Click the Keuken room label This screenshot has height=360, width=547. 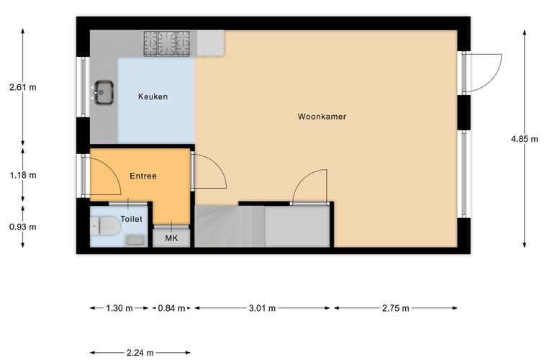click(x=153, y=96)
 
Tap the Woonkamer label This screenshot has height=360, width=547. click(x=322, y=117)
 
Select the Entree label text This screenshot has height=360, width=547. click(x=143, y=176)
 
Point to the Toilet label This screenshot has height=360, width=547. click(x=131, y=219)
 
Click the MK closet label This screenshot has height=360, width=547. click(x=171, y=238)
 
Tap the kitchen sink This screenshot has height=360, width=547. click(x=104, y=92)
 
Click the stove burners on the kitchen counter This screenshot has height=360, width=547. click(x=167, y=43)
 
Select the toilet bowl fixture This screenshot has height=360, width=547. click(x=105, y=225)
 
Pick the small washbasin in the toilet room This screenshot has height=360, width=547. click(x=135, y=240)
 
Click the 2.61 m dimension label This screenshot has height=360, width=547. click(x=23, y=87)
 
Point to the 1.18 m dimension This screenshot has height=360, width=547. click(x=23, y=175)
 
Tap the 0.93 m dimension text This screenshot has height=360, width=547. click(x=23, y=227)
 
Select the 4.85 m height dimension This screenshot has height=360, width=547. click(x=524, y=139)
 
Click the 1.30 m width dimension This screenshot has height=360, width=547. click(x=119, y=308)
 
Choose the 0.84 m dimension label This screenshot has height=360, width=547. click(x=171, y=308)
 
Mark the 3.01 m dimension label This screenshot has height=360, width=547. click(x=262, y=308)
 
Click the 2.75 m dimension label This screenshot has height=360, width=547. click(x=395, y=308)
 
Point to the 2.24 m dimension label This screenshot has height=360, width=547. click(x=140, y=353)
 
